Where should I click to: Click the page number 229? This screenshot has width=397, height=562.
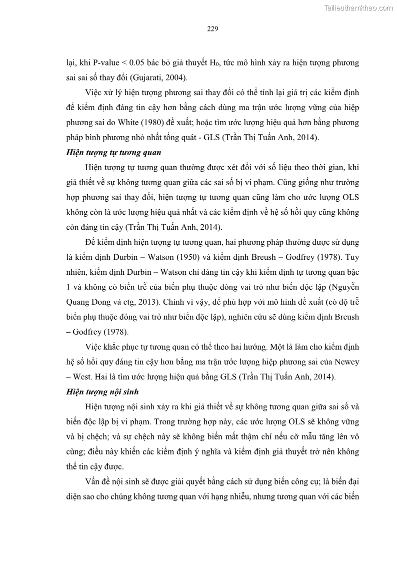point(212,29)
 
